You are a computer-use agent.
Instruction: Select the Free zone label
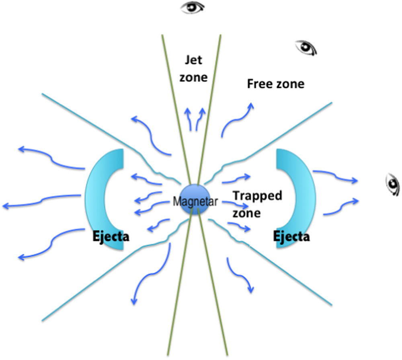tap(275, 84)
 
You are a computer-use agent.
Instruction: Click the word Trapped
tap(258, 196)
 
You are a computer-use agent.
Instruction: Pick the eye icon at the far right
tap(392, 184)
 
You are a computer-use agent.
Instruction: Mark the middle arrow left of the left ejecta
tap(40, 201)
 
